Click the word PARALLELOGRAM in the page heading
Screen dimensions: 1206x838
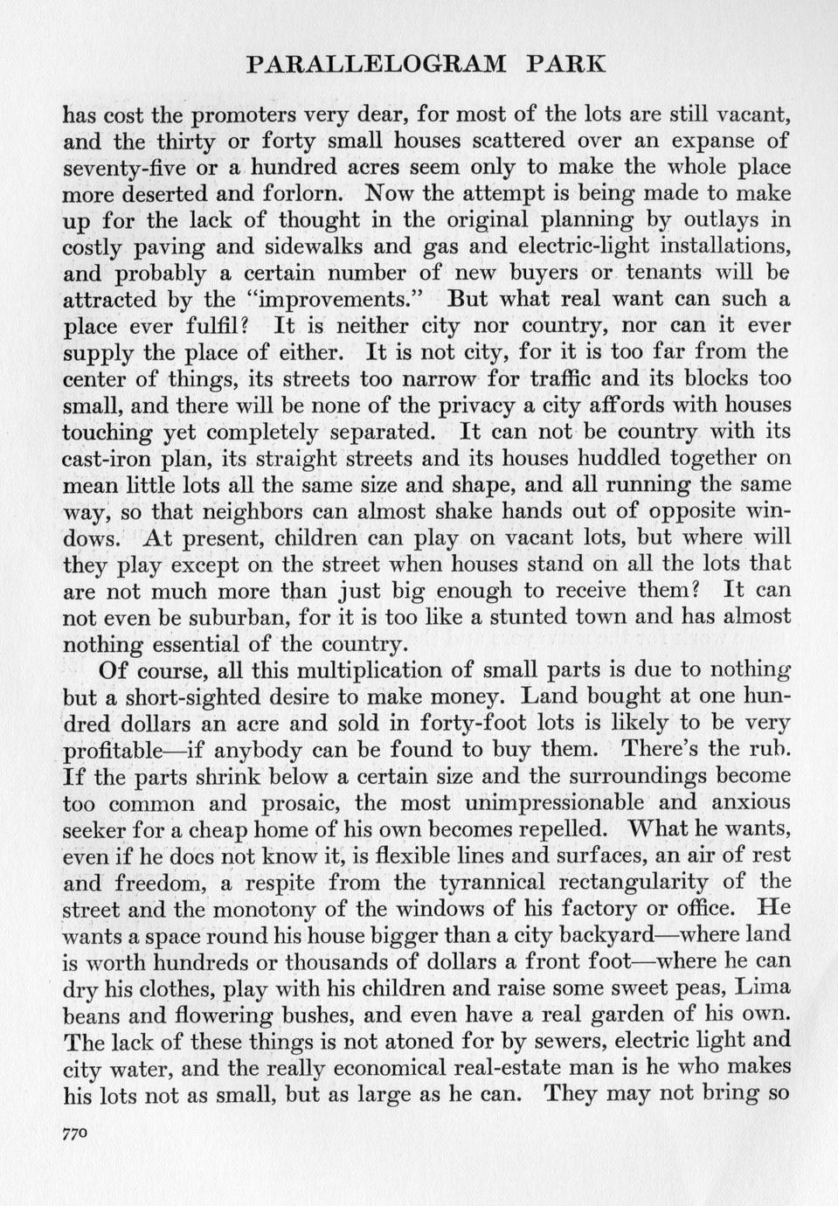pos(377,65)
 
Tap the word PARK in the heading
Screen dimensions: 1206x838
pos(566,65)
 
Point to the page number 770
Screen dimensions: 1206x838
pos(77,1133)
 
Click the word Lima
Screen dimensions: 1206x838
pos(763,988)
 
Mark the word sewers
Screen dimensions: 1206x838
pos(562,1041)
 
